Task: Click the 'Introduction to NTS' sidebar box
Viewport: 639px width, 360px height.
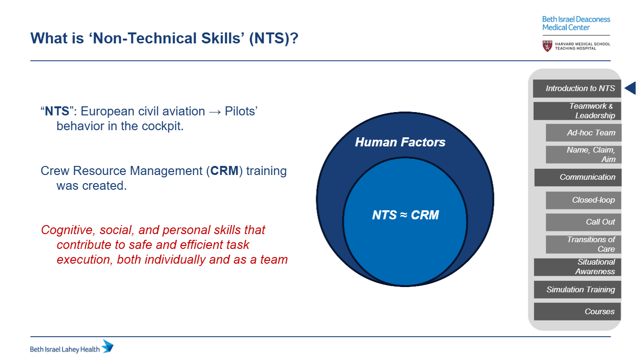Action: pos(577,88)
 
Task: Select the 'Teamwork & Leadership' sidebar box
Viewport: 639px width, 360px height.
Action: pos(577,111)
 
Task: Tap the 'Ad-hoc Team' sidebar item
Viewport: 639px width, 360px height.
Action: pos(583,133)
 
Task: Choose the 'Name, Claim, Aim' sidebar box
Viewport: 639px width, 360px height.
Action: pos(583,154)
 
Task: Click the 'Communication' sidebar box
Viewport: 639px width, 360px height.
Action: pos(577,177)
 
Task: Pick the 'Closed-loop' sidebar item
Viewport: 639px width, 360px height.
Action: pos(583,200)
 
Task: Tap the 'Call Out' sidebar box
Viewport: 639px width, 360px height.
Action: pos(583,222)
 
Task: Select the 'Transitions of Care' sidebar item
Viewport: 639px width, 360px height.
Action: pos(583,245)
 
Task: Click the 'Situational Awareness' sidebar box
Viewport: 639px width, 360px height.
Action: pos(577,267)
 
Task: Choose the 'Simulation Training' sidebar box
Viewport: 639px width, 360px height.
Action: pos(577,289)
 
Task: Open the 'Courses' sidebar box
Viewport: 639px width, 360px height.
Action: pos(577,311)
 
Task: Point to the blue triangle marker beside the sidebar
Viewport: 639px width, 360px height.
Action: pos(631,88)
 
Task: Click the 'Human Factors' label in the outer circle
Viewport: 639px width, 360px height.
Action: pos(400,142)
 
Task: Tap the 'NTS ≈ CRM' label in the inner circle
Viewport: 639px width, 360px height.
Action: pos(405,215)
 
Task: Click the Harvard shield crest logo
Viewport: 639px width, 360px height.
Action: pos(547,46)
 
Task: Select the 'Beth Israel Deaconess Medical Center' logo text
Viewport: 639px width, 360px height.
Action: pos(576,23)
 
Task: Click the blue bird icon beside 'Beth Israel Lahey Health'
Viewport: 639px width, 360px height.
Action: pos(108,346)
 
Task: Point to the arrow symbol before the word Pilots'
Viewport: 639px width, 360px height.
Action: pos(215,112)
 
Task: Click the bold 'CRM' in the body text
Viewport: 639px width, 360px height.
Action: pos(224,171)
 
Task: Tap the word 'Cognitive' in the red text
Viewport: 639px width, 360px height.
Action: pos(67,230)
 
